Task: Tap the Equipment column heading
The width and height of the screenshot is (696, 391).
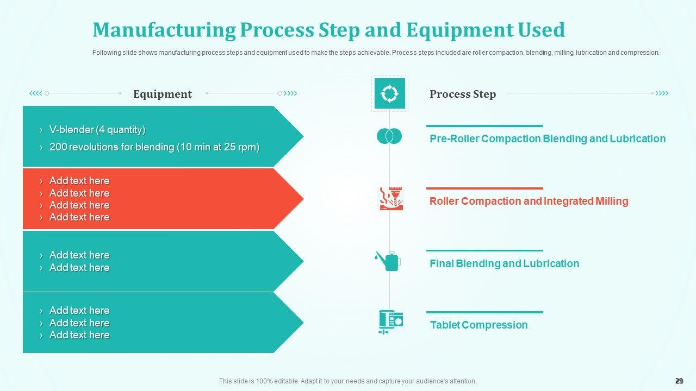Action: [163, 94]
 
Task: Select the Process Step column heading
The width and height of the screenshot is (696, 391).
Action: [463, 94]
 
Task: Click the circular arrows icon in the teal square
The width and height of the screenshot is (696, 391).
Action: [390, 93]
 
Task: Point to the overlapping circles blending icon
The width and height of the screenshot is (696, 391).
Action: [389, 136]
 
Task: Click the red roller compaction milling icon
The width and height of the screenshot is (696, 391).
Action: [391, 199]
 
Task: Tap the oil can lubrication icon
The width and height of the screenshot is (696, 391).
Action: [388, 261]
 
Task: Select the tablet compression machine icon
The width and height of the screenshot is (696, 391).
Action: [391, 322]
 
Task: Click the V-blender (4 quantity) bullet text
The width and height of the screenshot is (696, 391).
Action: [97, 130]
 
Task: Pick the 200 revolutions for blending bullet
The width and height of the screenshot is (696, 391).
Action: [154, 147]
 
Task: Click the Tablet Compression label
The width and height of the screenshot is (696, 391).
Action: [479, 325]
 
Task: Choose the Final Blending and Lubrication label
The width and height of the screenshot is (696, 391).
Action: [504, 263]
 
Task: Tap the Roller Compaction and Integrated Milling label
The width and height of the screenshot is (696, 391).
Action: [529, 201]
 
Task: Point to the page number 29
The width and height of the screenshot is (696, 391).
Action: [679, 381]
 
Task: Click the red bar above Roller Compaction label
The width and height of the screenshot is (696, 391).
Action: [484, 188]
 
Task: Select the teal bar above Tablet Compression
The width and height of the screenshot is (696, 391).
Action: [484, 312]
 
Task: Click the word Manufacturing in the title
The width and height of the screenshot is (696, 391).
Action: [164, 30]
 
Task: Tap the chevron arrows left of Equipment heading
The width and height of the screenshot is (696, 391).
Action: [35, 93]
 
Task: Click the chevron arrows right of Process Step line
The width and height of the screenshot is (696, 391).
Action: [662, 93]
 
